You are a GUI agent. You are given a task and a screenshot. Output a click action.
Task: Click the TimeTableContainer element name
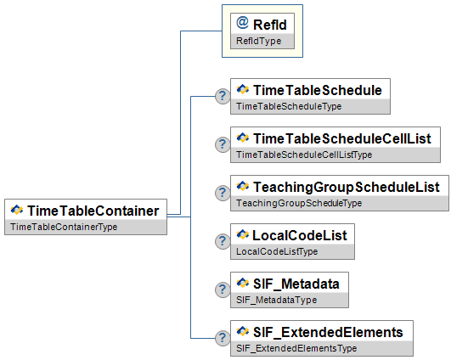point(93,210)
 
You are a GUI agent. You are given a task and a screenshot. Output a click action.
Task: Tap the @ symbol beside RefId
point(243,24)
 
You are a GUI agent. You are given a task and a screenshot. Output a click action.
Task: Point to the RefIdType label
point(257,41)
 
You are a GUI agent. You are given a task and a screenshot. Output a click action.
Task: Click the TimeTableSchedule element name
point(317,89)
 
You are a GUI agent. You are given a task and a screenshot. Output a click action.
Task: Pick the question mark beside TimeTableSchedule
point(223,96)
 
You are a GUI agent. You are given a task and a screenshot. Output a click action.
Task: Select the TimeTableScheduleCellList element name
point(341,138)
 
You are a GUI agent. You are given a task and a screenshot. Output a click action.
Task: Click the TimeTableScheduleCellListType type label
point(303,155)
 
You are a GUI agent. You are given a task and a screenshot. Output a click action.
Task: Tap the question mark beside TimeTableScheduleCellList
point(223,144)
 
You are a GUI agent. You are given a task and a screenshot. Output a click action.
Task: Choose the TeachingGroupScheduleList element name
point(345,186)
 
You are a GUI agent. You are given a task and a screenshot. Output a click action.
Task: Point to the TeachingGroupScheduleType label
point(298,203)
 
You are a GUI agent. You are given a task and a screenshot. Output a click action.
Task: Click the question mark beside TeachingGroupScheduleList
point(223,193)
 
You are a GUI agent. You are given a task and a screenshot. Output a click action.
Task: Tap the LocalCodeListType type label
point(276,251)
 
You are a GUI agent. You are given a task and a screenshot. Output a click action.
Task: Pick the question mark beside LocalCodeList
point(223,241)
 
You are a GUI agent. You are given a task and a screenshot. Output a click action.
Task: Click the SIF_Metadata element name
point(296,283)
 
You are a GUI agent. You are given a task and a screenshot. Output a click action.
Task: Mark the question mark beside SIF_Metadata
point(223,290)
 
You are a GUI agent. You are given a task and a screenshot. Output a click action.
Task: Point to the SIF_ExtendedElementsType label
point(296,348)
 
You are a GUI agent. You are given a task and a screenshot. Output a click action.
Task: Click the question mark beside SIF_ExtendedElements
point(223,338)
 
